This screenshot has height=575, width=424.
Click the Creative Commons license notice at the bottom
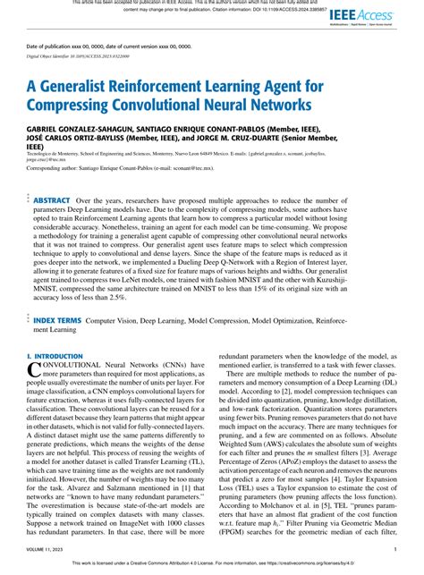coord(212,565)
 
